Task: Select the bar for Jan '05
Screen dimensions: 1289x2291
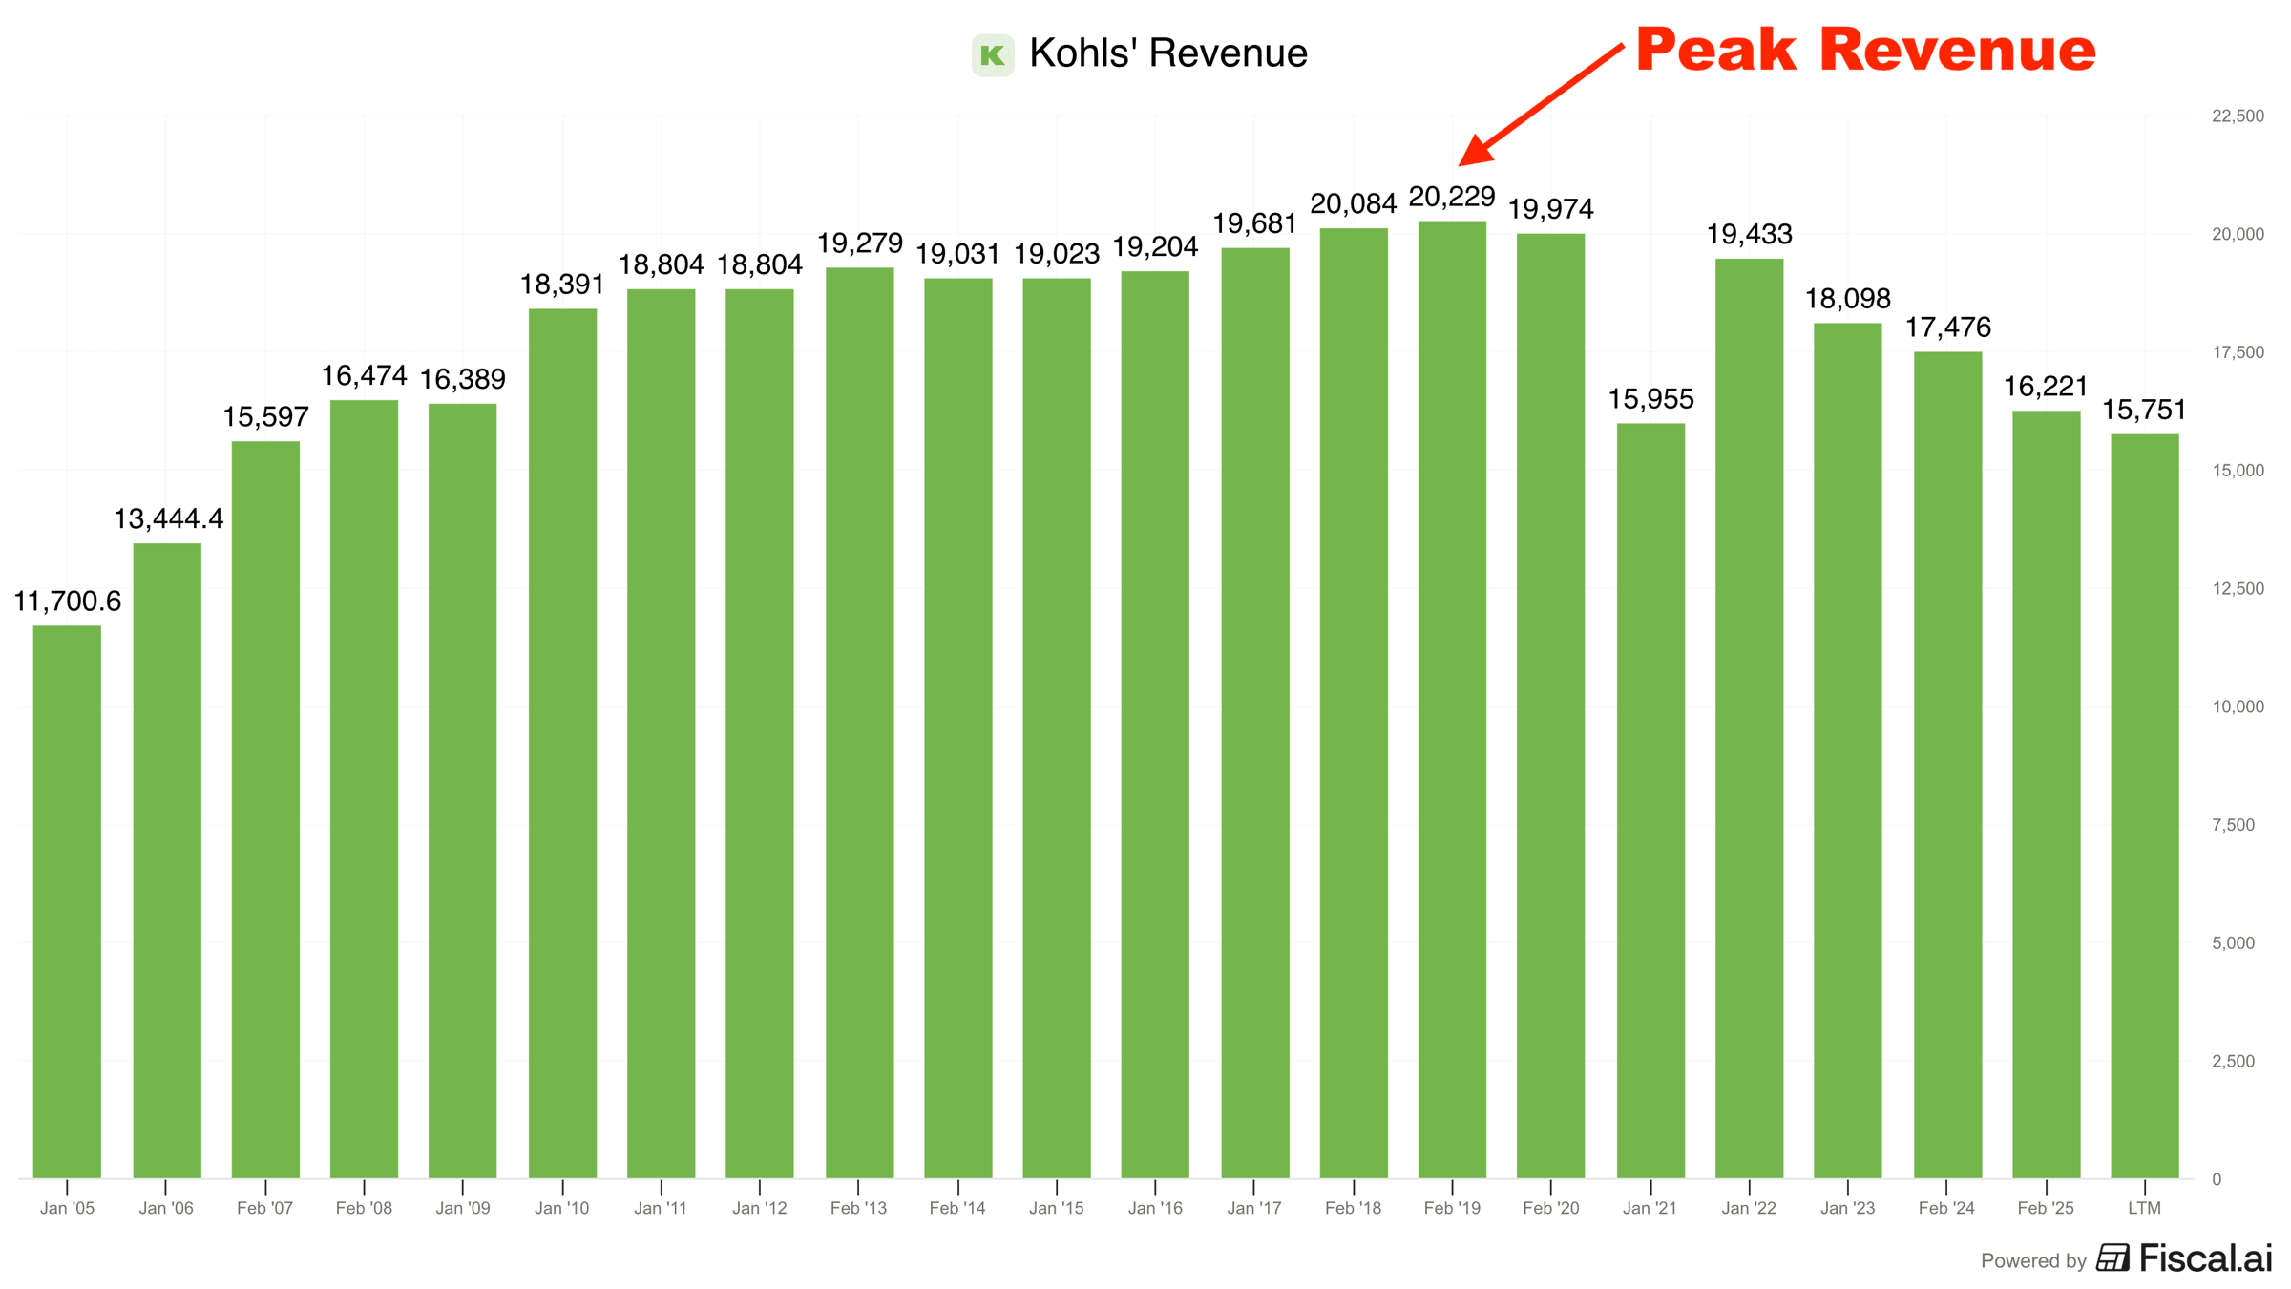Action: [x=67, y=901]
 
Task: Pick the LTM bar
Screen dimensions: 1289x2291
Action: [x=2144, y=806]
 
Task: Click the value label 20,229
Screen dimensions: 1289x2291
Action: [x=1452, y=198]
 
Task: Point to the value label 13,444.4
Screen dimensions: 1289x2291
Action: [x=168, y=519]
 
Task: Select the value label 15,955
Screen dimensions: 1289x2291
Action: [x=1650, y=399]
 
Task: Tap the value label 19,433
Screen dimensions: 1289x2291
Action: [x=1749, y=235]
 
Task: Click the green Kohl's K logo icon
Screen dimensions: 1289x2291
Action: [x=993, y=54]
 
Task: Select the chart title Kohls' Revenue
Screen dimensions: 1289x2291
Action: [x=1167, y=53]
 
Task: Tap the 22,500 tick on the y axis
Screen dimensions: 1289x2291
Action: [x=2238, y=116]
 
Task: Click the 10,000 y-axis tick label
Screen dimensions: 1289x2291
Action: [x=2238, y=707]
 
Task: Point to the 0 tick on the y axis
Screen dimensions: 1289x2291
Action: [x=2217, y=1179]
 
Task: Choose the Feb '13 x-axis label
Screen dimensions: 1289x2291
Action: [x=858, y=1208]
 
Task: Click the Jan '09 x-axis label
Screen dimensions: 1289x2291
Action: [x=463, y=1208]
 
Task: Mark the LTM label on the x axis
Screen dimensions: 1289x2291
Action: [x=2144, y=1208]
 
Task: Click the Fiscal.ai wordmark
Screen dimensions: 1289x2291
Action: [x=2204, y=1258]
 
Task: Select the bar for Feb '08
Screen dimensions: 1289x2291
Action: [x=364, y=789]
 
